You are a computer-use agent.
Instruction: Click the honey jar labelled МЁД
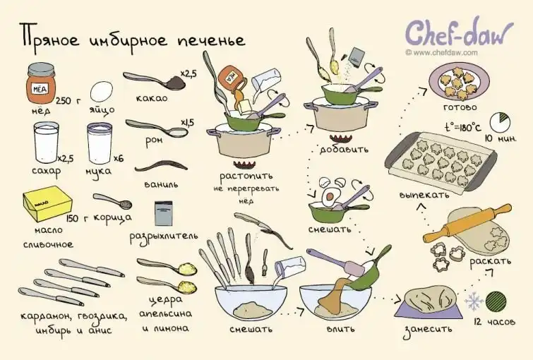[x=41, y=83]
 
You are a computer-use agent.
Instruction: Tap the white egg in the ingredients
[x=101, y=92]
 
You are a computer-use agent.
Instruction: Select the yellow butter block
[x=47, y=203]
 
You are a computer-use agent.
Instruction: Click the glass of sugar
[x=46, y=143]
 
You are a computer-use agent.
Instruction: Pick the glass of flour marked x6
[x=100, y=143]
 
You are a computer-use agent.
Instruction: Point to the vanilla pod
[x=161, y=167]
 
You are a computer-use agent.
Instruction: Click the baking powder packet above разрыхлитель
[x=163, y=213]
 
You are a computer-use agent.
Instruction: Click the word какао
[x=152, y=98]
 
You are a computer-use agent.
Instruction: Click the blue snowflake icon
[x=474, y=301]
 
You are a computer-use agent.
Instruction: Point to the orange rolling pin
[x=467, y=223]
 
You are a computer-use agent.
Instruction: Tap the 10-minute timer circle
[x=500, y=122]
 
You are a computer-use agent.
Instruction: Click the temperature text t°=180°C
[x=462, y=128]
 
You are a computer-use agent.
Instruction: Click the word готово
[x=460, y=107]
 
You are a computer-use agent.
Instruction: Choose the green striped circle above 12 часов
[x=496, y=301]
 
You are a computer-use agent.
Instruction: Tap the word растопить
[x=246, y=176]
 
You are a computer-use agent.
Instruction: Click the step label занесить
[x=428, y=330]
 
